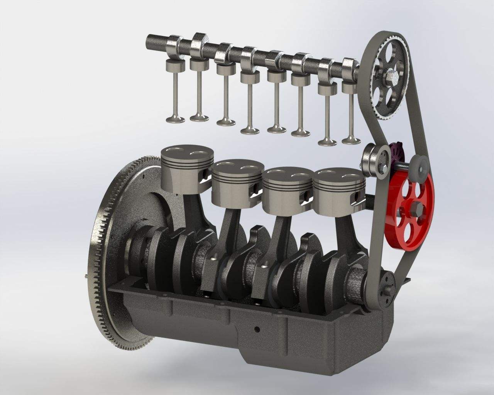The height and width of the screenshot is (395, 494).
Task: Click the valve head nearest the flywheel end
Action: click(176, 119)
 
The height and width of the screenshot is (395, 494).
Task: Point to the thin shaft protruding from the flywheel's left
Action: click(85, 276)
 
